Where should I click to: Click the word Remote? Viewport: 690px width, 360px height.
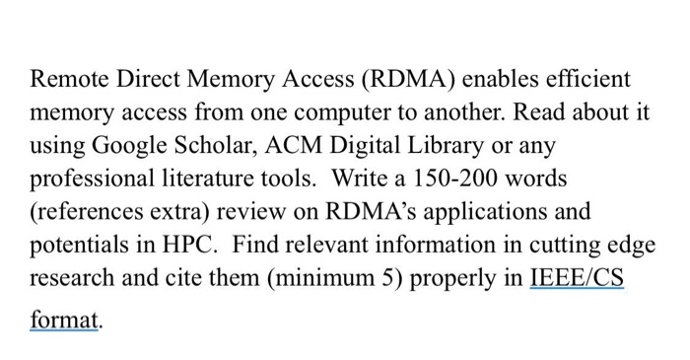(68, 78)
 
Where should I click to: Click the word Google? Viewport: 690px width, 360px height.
(123, 147)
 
